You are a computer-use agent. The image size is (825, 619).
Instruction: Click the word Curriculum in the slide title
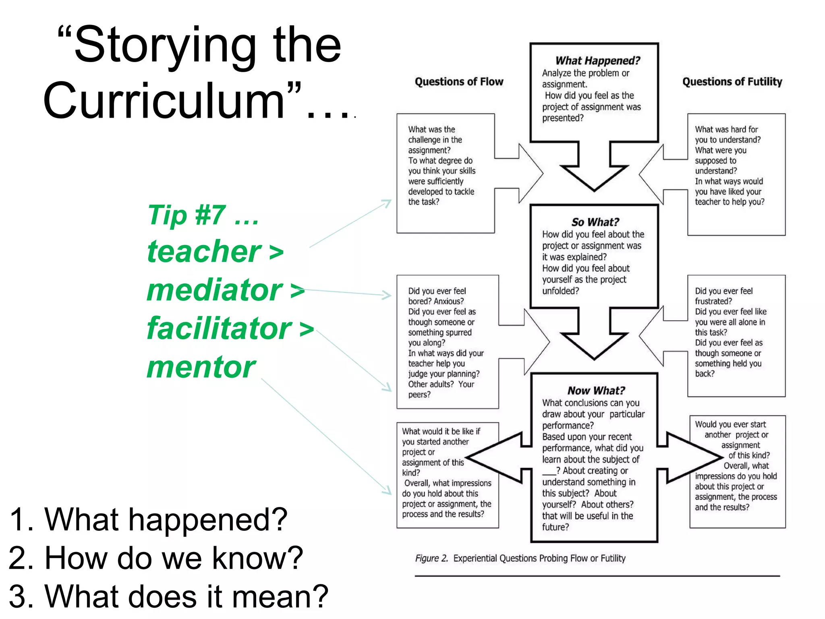164,101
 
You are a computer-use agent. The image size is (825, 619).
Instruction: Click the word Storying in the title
165,45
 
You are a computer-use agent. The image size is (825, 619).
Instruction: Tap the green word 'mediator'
214,290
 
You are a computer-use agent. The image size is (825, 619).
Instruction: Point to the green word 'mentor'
201,367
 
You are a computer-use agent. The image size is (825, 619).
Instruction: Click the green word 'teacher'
204,252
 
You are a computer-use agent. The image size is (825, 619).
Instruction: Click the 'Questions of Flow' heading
459,82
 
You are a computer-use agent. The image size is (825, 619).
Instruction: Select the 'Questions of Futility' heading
732,82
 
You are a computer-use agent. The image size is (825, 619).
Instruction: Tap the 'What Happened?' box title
597,61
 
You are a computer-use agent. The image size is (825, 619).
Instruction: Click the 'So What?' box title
595,222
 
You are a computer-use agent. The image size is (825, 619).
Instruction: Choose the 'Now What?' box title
596,391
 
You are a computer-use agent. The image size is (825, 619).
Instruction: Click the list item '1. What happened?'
148,519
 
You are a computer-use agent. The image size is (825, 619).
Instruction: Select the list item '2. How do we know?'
155,558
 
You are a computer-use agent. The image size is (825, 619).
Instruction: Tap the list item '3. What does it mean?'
168,596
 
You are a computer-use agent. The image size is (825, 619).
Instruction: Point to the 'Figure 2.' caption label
431,558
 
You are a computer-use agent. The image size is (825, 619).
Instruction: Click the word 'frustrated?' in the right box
713,301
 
